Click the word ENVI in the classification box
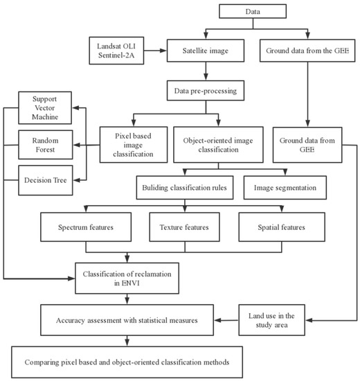click(x=127, y=284)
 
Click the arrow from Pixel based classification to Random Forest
click(x=84, y=145)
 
